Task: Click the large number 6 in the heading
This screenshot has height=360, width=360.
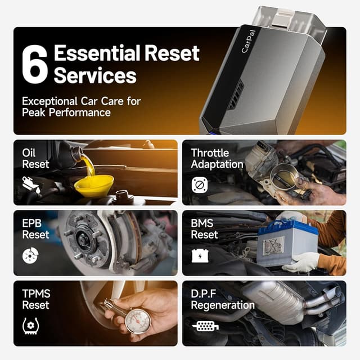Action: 35,65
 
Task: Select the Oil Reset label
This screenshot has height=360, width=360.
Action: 35,159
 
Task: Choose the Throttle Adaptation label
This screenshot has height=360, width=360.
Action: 217,159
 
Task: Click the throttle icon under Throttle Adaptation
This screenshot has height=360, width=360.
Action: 200,185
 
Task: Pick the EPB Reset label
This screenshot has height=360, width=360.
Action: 35,229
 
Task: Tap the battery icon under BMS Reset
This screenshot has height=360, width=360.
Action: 199,255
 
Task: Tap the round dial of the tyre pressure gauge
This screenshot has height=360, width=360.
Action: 138,320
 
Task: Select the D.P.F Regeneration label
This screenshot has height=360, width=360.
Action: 222,299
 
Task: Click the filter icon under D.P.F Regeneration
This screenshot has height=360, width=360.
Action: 205,325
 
